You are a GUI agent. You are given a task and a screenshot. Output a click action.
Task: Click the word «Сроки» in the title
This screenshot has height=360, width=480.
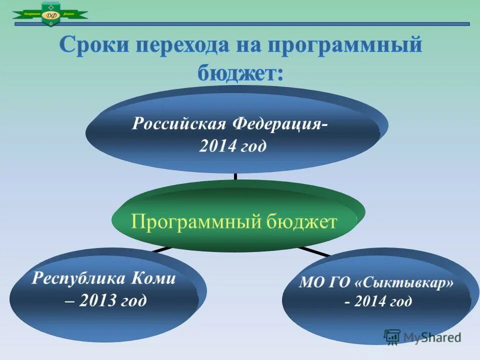[94, 46]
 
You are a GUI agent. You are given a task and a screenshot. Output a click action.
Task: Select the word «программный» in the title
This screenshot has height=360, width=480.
[345, 46]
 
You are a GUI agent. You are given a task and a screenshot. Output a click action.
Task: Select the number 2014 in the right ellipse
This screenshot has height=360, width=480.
[369, 301]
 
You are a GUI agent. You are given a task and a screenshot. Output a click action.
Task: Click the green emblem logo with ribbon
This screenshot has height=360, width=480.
[50, 13]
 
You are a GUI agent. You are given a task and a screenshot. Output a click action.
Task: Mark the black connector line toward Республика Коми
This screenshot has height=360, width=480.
[160, 248]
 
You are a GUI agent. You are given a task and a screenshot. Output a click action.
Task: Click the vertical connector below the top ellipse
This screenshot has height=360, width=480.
[235, 176]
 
